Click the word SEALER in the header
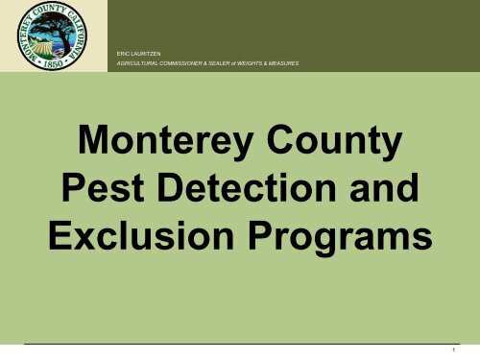[234, 63]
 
